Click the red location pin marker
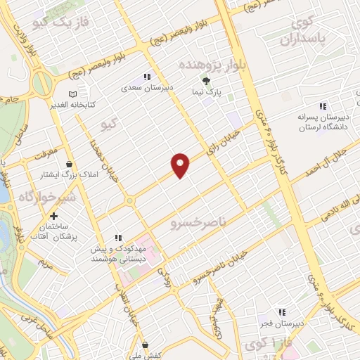pyautogui.click(x=181, y=165)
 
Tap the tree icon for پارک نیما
pyautogui.click(x=206, y=82)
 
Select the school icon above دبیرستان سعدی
pyautogui.click(x=147, y=77)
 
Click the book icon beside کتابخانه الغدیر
pyautogui.click(x=72, y=94)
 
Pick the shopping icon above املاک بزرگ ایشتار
pyautogui.click(x=68, y=164)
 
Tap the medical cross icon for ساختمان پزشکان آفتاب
pyautogui.click(x=54, y=216)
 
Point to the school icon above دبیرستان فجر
pyautogui.click(x=282, y=312)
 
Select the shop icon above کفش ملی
pyautogui.click(x=145, y=345)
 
